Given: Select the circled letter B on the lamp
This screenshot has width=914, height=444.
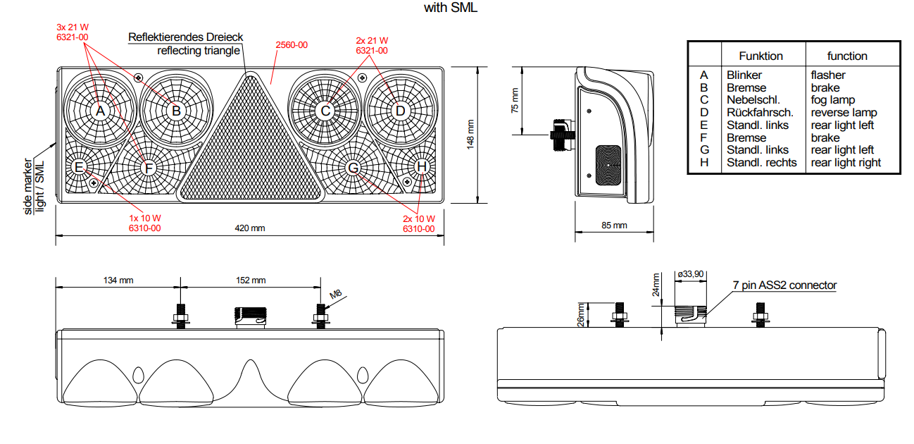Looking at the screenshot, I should (x=177, y=111).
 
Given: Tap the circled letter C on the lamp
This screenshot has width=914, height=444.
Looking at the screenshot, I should (x=325, y=111).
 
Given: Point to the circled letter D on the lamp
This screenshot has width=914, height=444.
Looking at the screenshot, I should (x=400, y=111).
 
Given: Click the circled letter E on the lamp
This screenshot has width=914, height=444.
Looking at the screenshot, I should (x=79, y=167).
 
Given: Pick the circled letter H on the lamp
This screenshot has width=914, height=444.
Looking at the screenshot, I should (x=421, y=167).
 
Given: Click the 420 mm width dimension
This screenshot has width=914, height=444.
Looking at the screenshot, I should (x=250, y=228).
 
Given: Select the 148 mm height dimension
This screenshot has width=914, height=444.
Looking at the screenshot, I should (x=470, y=133).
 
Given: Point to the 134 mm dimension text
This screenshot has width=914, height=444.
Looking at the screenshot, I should (x=118, y=280).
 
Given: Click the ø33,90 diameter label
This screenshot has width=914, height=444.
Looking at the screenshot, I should (x=689, y=273).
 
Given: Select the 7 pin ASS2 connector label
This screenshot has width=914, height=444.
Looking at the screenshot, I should (x=784, y=285).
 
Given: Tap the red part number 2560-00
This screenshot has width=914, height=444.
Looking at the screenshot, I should (x=292, y=45).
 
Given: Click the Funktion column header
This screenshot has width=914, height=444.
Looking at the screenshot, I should (x=760, y=56).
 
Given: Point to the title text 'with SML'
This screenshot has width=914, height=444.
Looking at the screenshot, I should (x=451, y=8).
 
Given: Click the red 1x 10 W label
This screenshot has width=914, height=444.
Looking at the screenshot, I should (x=144, y=218).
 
